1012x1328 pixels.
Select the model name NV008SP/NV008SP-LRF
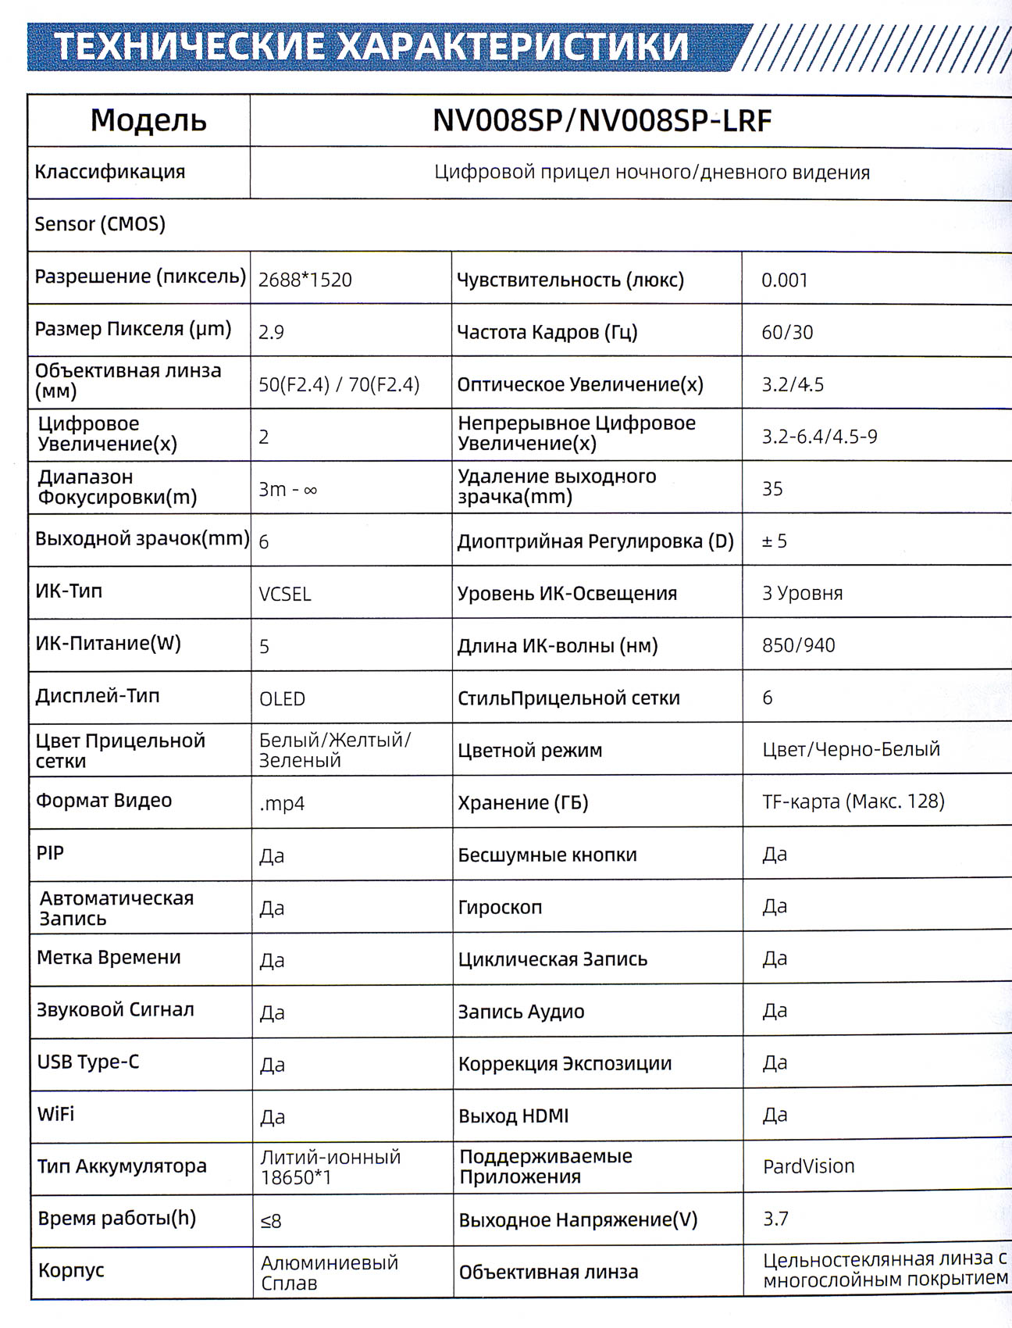pyautogui.click(x=602, y=120)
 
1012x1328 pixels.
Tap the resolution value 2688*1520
pyautogui.click(x=305, y=280)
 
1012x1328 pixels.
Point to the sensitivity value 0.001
pyautogui.click(x=785, y=280)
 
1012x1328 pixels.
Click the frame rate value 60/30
pyautogui.click(x=787, y=332)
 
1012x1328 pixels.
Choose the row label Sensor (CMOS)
pyautogui.click(x=100, y=224)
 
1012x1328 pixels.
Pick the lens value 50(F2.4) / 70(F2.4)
pyautogui.click(x=339, y=384)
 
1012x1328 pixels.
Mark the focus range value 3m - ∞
pyautogui.click(x=287, y=490)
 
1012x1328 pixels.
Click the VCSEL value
pyautogui.click(x=285, y=594)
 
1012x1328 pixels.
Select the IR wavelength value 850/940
pyautogui.click(x=798, y=645)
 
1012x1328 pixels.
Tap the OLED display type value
pyautogui.click(x=282, y=698)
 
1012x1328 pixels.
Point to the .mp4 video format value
pyautogui.click(x=282, y=803)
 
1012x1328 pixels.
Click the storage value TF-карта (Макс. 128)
pyautogui.click(x=853, y=801)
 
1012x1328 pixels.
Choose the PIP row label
pyautogui.click(x=50, y=852)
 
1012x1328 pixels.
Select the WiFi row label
pyautogui.click(x=55, y=1114)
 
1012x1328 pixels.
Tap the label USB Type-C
pyautogui.click(x=87, y=1062)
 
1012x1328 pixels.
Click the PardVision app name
pyautogui.click(x=808, y=1166)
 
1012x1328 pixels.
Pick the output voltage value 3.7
pyautogui.click(x=775, y=1219)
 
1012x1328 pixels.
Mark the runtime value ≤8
pyautogui.click(x=271, y=1220)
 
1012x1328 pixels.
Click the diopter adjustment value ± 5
pyautogui.click(x=774, y=541)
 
